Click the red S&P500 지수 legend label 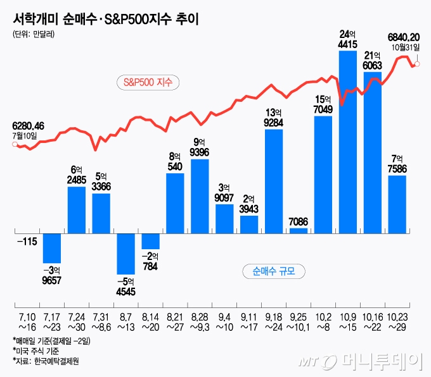[149, 82]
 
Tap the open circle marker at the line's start [15, 145]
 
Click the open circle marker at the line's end [417, 64]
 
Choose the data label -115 [27, 241]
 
